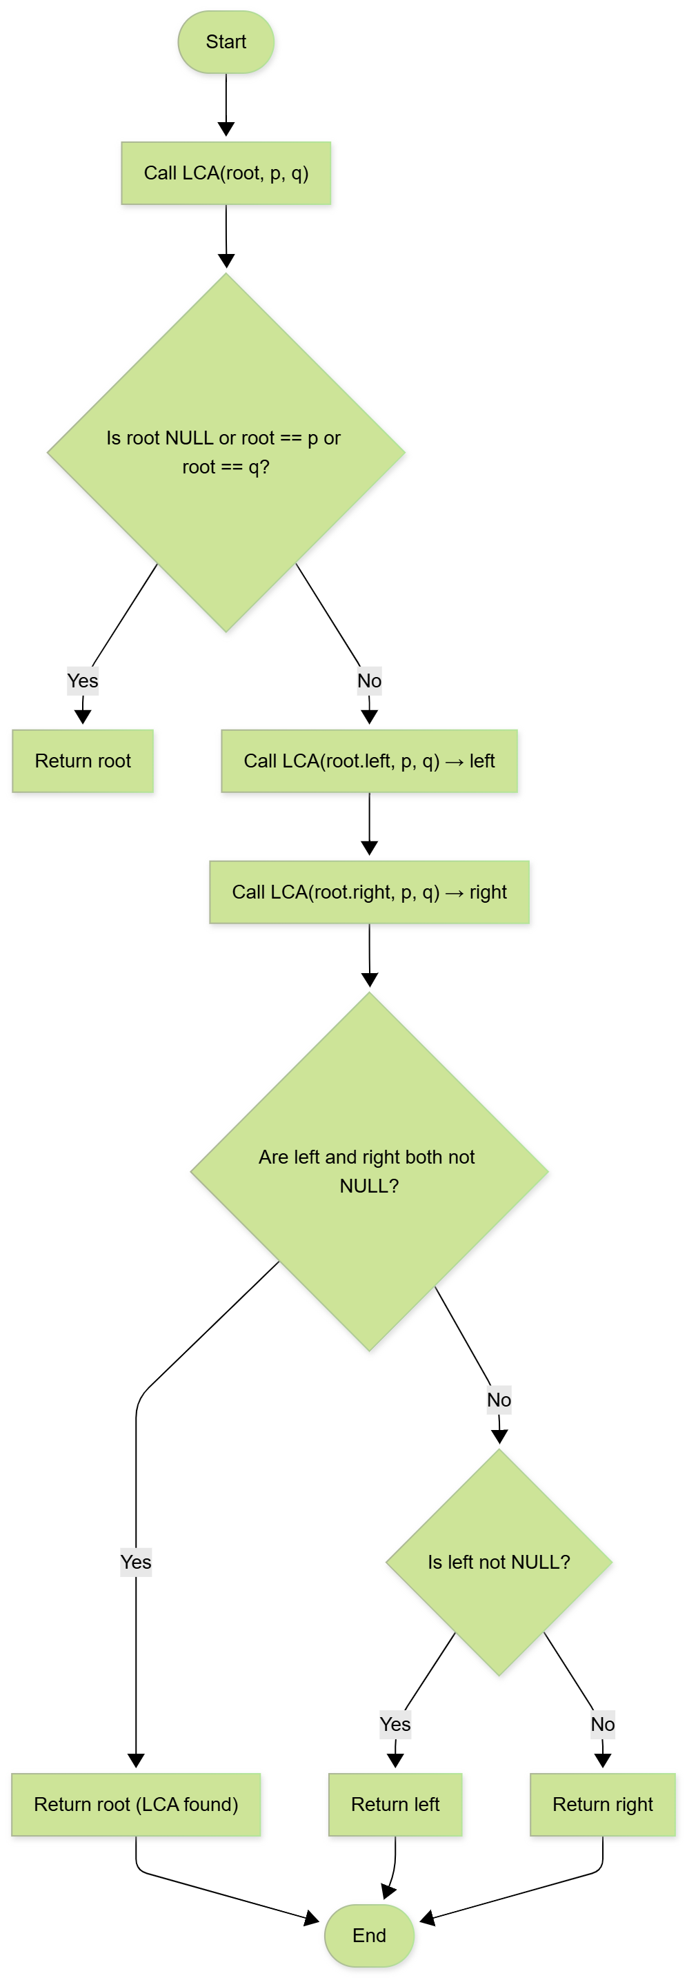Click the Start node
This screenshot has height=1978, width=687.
pyautogui.click(x=226, y=42)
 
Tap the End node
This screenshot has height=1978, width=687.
pyautogui.click(x=369, y=1935)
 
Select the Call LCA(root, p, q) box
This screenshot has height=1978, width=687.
pyautogui.click(x=226, y=173)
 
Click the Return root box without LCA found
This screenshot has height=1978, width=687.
pyautogui.click(x=83, y=761)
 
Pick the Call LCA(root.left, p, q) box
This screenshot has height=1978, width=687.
pyautogui.click(x=369, y=761)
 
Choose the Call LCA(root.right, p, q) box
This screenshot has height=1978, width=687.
pyautogui.click(x=369, y=892)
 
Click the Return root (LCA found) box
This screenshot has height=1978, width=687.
pyautogui.click(x=136, y=1805)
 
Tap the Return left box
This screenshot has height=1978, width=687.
pyautogui.click(x=395, y=1805)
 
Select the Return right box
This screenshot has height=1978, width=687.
pyautogui.click(x=603, y=1805)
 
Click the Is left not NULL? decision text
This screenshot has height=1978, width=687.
pyautogui.click(x=499, y=1562)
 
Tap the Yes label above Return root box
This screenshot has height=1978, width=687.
pyautogui.click(x=83, y=681)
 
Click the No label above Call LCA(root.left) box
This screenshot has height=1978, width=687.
pyautogui.click(x=369, y=681)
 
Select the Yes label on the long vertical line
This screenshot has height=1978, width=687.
pyautogui.click(x=136, y=1562)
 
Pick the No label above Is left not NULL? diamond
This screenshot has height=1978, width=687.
pyautogui.click(x=499, y=1400)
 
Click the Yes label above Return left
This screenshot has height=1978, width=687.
pyautogui.click(x=395, y=1725)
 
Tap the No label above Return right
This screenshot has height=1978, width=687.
pyautogui.click(x=603, y=1725)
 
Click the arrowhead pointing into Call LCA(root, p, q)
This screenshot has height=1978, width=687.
pyautogui.click(x=226, y=129)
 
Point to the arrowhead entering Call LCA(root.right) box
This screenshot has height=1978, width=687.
pyautogui.click(x=369, y=848)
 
